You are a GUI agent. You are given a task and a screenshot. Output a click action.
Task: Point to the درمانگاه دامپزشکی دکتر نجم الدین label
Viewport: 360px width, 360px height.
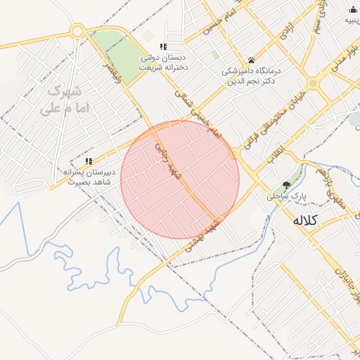(252, 76)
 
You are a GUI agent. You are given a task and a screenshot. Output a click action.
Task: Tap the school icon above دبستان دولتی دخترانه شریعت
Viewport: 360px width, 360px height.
(164, 46)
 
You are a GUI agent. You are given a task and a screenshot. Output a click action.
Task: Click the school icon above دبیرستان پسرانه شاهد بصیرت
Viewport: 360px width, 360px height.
(89, 162)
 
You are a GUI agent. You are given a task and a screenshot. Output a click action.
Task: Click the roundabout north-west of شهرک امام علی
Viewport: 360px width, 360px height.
(78, 32)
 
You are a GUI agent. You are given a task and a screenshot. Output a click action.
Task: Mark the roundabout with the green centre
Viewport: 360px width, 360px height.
(314, 83)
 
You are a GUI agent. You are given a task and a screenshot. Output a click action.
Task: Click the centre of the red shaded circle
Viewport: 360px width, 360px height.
(180, 179)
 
